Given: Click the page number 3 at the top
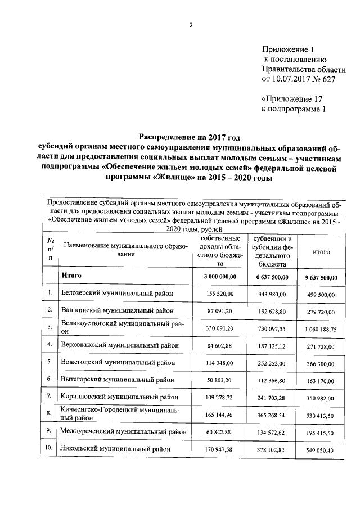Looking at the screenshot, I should (x=191, y=25).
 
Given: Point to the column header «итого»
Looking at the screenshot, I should (x=321, y=253).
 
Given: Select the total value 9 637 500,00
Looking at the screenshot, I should (x=321, y=277).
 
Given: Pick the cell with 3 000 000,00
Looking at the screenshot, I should (x=216, y=277).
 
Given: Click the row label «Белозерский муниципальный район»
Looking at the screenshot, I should (x=117, y=294).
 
